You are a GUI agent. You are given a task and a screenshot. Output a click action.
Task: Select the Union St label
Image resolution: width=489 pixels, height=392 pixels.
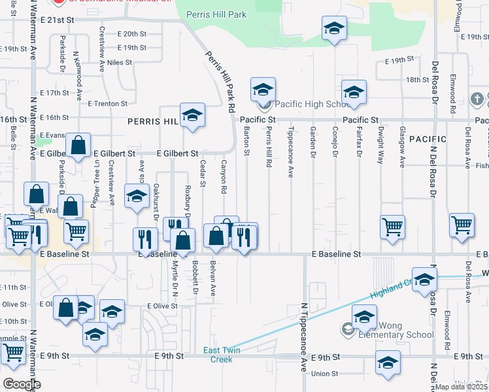pos(324,374)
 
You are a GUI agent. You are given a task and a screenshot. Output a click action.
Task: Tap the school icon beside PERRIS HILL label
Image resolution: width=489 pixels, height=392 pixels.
pos(192,116)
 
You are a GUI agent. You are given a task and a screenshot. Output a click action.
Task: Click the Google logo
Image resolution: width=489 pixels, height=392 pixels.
pos(22,384)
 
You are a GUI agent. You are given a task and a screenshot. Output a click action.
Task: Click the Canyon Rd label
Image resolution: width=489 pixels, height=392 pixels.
pos(224,177)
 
